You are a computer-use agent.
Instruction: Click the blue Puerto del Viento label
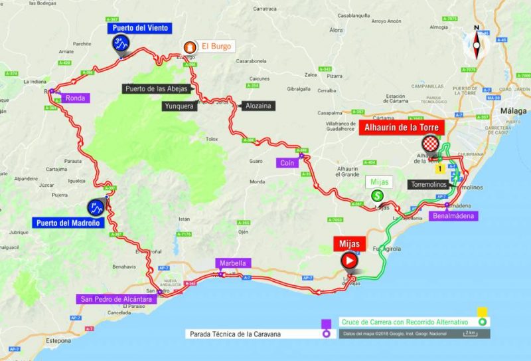point(141,28)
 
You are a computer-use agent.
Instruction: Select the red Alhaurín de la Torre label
point(401,128)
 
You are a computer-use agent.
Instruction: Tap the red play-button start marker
point(349,261)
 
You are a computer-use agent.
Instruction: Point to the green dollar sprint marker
point(378,195)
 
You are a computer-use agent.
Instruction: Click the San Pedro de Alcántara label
point(116,299)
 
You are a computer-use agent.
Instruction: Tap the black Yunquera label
point(180,106)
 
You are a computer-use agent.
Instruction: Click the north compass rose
point(476,42)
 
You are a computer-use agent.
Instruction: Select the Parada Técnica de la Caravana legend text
point(252,334)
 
